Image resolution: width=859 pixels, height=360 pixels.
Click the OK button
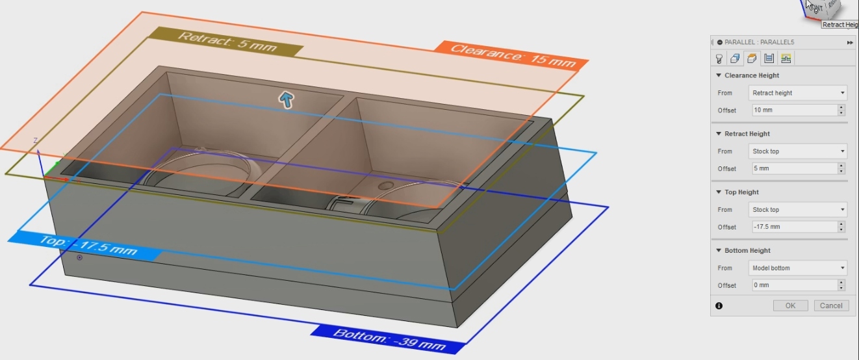coord(790,305)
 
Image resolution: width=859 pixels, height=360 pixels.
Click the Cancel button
coord(831,305)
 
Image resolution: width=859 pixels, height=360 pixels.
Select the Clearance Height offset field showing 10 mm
coord(795,110)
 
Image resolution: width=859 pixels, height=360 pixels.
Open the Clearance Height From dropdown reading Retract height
coord(798,93)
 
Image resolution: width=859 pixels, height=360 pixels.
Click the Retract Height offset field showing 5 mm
coord(795,168)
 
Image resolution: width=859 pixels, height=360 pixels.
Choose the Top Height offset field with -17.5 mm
coord(795,227)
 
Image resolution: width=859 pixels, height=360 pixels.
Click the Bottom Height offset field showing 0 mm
coord(795,285)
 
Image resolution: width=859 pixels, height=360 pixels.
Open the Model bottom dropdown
coord(798,268)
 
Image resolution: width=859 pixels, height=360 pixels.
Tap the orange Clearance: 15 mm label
coord(512,56)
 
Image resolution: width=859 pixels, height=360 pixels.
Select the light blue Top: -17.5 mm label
coord(86,246)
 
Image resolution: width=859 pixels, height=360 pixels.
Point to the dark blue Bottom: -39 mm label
coord(389,339)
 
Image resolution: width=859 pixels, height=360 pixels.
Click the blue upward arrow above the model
coord(286,99)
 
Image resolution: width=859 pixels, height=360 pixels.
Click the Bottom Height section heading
coord(747,250)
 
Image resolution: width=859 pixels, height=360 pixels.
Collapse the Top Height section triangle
coord(719,192)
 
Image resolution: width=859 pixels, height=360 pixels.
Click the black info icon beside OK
coord(719,305)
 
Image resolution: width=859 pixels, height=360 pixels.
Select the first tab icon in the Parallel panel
coord(719,58)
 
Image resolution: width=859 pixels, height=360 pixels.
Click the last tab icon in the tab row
coord(786,58)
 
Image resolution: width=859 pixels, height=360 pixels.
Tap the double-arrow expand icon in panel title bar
coord(850,42)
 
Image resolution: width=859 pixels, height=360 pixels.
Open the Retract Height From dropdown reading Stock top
coord(798,151)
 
